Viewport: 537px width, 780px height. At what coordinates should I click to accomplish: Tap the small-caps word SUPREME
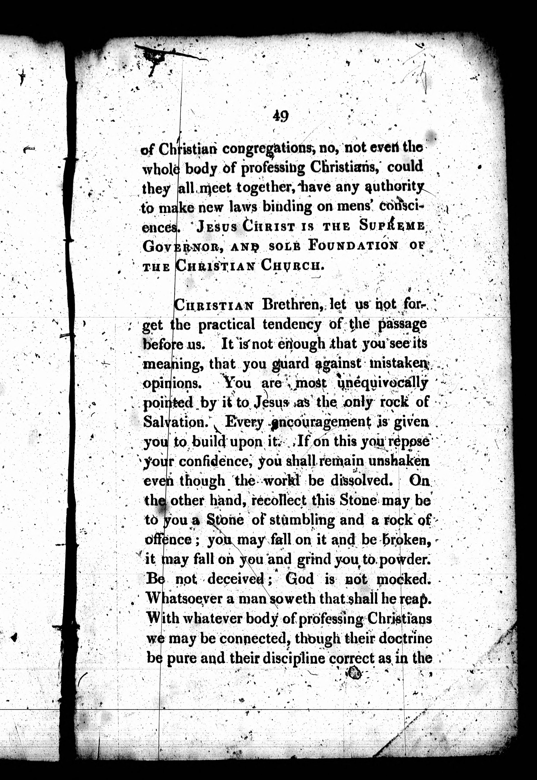point(391,227)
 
